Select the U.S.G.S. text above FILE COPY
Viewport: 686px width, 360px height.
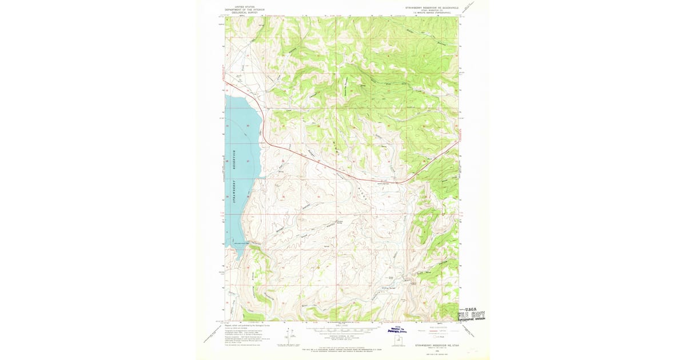coord(474,309)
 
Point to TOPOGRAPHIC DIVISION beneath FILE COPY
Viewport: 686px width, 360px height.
coord(474,320)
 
